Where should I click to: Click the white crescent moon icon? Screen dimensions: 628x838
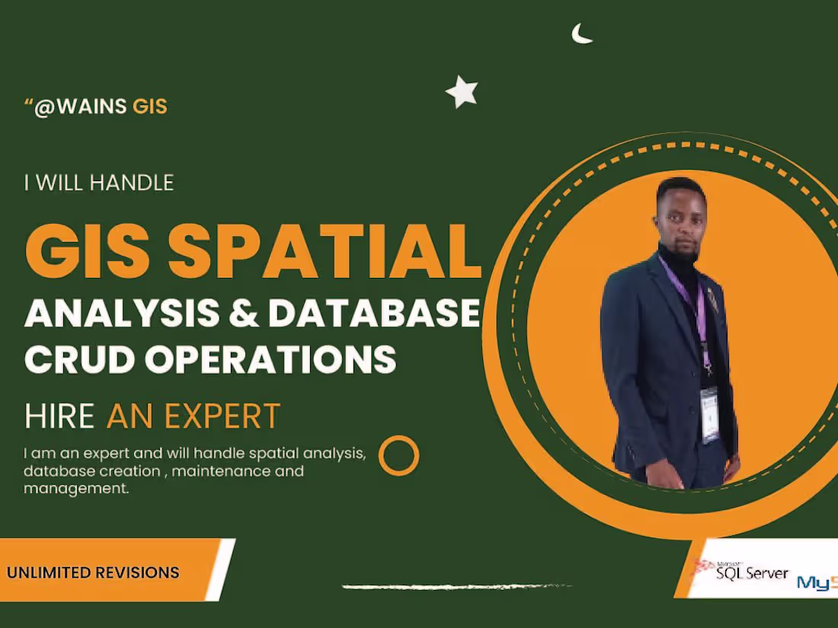click(x=581, y=34)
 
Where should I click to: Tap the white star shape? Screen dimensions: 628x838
click(x=462, y=92)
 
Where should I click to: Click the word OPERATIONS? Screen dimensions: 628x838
click(x=271, y=359)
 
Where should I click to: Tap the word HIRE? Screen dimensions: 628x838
click(x=59, y=416)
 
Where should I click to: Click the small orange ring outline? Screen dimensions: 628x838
click(x=399, y=455)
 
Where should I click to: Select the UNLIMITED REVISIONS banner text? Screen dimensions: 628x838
click(x=94, y=572)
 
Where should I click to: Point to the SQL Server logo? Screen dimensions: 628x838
click(x=743, y=571)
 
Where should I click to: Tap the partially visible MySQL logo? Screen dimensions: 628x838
click(x=817, y=582)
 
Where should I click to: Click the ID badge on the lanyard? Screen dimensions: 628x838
click(x=710, y=414)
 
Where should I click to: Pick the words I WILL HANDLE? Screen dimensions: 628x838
click(x=99, y=183)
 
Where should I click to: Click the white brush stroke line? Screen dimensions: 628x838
click(x=446, y=587)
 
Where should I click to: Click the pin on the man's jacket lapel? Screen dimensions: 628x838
click(x=712, y=298)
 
